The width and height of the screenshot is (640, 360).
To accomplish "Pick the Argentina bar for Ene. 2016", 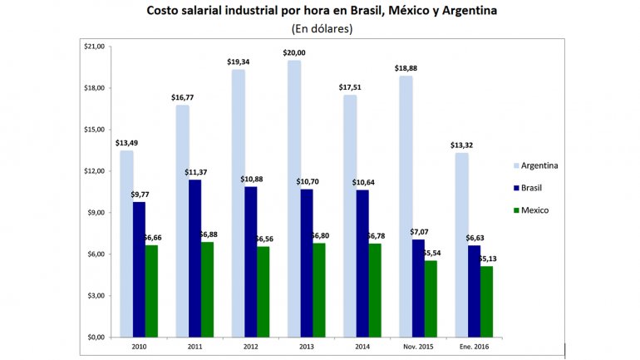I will point(460,244).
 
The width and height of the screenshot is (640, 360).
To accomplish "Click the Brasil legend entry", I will point(529,187).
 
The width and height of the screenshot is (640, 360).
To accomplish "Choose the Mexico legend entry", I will point(531,210).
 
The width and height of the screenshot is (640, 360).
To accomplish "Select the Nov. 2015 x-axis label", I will point(417,345).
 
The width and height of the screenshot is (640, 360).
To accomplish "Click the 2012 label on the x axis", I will point(249,345).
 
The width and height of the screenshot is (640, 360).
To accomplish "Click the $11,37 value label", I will point(196,172).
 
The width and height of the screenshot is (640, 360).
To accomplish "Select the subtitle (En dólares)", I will point(322,28).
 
